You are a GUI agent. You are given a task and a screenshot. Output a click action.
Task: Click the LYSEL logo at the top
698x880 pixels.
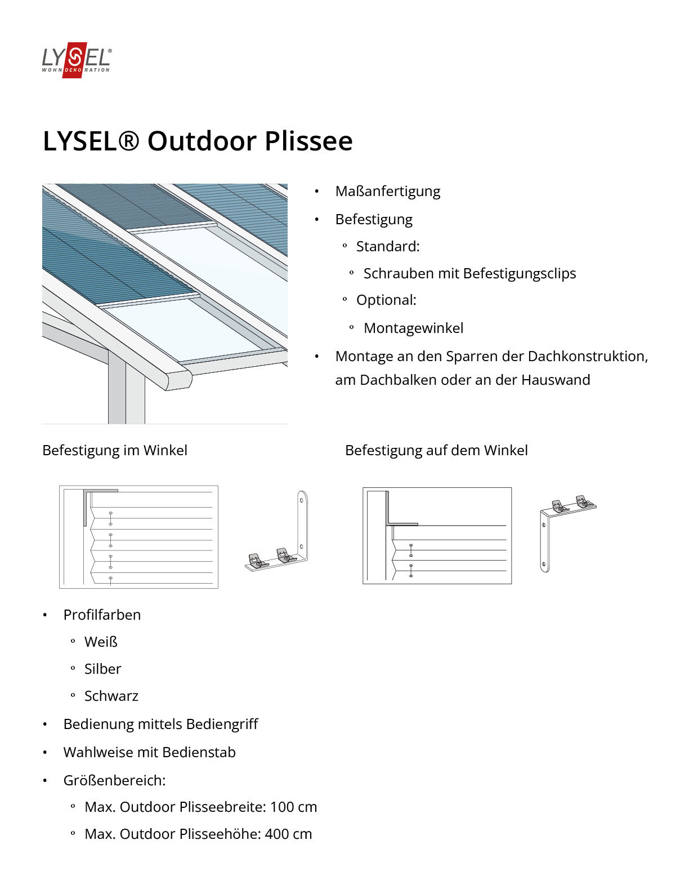77,60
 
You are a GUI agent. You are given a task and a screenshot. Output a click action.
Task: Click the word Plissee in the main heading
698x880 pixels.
308,141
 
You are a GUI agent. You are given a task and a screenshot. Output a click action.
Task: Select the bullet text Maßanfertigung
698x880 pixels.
387,192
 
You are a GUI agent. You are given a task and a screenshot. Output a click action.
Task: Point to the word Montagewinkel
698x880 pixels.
413,328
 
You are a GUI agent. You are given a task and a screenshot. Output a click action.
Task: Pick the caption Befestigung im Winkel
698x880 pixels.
115,451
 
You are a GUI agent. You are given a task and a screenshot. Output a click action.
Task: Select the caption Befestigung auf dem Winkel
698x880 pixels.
436,451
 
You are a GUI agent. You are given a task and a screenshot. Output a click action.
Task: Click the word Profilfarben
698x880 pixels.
102,615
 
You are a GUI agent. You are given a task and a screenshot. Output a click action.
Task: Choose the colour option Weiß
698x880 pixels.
101,642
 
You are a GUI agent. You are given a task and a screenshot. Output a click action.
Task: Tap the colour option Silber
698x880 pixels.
102,669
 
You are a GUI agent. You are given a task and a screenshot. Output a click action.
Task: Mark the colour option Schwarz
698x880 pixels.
111,696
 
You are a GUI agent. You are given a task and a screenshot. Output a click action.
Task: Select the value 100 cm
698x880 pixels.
293,807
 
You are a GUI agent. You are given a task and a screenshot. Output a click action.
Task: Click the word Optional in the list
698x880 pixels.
386,300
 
